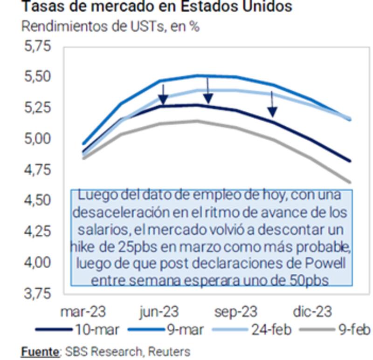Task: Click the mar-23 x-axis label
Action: tap(83, 312)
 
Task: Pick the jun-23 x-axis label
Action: tap(159, 312)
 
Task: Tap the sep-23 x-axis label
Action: tap(235, 312)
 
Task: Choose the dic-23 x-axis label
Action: tap(312, 312)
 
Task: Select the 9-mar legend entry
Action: tap(184, 330)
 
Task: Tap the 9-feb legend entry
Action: tap(352, 330)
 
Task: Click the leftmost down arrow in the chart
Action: tap(163, 95)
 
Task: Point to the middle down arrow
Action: tap(208, 91)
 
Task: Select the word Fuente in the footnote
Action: tap(40, 351)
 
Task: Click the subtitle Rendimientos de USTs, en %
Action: tap(111, 26)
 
